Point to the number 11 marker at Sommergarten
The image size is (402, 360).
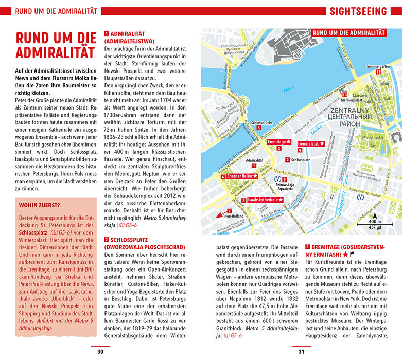coord(377,72)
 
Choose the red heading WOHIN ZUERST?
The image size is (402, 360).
coord(39,205)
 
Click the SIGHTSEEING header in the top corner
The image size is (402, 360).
coord(358,11)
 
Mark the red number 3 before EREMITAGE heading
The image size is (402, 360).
coord(307,247)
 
